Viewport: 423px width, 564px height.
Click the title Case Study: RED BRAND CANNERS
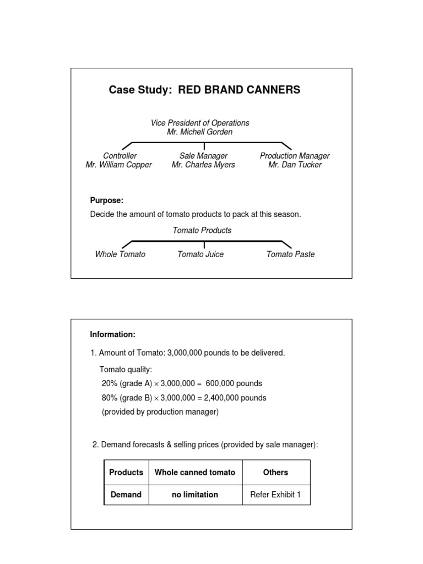click(x=204, y=90)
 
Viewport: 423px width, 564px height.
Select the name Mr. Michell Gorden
click(x=199, y=132)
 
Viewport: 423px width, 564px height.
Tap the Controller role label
click(x=120, y=156)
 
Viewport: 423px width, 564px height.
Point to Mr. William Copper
click(x=119, y=165)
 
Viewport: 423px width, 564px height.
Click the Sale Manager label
click(x=203, y=156)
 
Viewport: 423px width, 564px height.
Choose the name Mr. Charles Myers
click(x=203, y=165)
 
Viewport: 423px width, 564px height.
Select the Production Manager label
click(x=295, y=156)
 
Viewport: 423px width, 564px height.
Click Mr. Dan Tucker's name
click(x=295, y=165)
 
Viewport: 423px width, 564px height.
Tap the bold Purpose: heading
click(x=107, y=200)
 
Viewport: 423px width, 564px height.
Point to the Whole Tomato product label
click(x=120, y=254)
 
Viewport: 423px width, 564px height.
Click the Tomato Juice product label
click(x=200, y=254)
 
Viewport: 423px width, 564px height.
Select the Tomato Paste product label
click(x=290, y=254)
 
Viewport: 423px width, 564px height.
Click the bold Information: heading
click(x=112, y=334)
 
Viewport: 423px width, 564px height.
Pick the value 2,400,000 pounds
click(x=235, y=398)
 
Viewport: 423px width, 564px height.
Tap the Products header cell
click(x=126, y=472)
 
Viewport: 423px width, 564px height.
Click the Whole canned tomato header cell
click(x=195, y=472)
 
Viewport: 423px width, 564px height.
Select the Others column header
click(x=275, y=472)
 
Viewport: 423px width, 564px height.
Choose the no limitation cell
click(x=195, y=495)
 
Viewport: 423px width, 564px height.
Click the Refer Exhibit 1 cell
click(x=275, y=495)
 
